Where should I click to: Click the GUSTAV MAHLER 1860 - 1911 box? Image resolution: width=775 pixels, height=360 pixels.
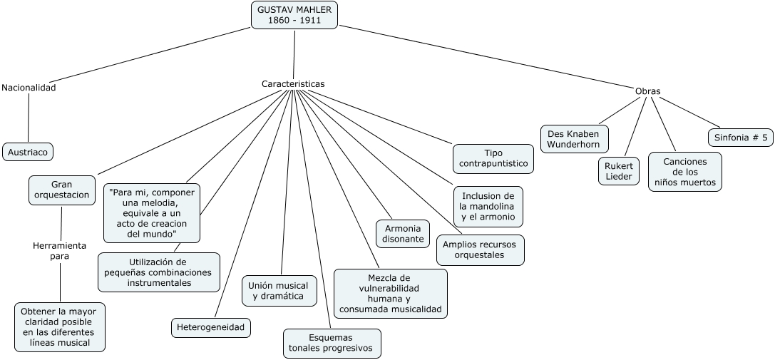(294, 15)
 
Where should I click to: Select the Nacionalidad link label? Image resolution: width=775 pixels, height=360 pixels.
(29, 88)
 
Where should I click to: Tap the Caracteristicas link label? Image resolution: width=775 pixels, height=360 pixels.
(293, 83)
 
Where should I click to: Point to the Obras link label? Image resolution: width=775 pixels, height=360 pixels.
(647, 91)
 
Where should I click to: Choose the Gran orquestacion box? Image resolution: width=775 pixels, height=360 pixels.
(62, 189)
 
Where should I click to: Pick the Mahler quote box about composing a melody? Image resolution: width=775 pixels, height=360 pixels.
(152, 213)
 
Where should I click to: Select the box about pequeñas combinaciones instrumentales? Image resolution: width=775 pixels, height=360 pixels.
(159, 272)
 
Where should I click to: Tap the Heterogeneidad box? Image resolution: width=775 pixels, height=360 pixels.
(211, 327)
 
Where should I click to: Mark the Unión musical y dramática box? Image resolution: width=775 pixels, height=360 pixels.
(279, 290)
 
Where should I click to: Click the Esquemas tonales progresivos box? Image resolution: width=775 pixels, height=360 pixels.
(332, 343)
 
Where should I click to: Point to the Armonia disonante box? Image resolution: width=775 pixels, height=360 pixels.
(403, 233)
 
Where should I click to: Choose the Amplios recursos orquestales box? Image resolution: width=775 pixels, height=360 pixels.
(480, 250)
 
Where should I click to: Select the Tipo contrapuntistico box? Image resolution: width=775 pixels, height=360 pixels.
(493, 158)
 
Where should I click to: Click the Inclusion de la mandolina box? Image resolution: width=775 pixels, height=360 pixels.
(488, 207)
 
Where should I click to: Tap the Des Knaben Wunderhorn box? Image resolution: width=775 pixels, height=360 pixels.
(575, 138)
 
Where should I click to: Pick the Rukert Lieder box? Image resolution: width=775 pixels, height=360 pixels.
(618, 171)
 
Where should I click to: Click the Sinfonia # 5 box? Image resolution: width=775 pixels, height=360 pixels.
(740, 138)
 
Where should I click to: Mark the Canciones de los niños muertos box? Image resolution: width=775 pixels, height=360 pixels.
(684, 172)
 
